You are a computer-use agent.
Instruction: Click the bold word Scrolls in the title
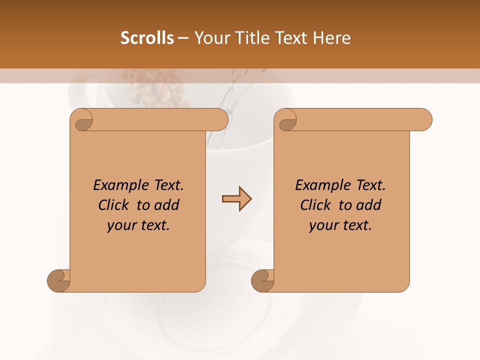(147, 38)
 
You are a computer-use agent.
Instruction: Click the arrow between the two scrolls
(236, 199)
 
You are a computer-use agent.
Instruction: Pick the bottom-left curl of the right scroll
(263, 280)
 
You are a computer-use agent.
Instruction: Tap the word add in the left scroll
(166, 205)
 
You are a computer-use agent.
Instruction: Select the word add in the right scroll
(368, 205)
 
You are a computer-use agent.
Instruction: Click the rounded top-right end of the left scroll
(220, 120)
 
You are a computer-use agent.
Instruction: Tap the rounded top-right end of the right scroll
(424, 120)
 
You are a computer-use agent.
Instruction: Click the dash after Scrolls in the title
(183, 38)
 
